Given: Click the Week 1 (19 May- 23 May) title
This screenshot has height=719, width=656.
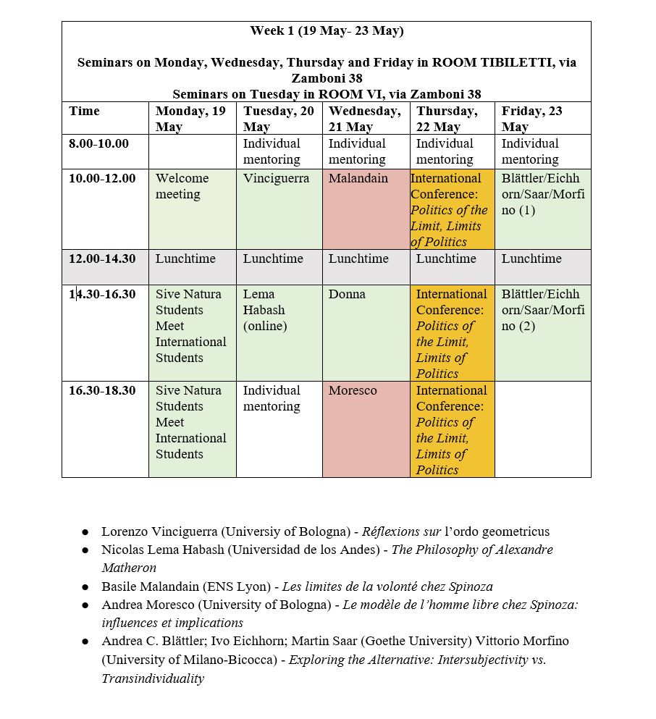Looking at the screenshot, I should (327, 30).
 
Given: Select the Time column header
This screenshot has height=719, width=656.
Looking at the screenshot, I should (85, 112).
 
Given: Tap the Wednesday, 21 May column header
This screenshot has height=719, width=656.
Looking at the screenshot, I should (364, 119).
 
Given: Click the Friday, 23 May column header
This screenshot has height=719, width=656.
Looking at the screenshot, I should (531, 119).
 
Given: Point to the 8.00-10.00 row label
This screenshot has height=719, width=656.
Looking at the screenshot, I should (98, 143).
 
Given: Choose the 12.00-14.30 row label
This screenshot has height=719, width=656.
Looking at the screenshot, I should (102, 258).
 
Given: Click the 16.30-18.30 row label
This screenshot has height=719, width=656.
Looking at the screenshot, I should (102, 390).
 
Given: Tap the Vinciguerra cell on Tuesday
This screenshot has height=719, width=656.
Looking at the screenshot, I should (276, 178).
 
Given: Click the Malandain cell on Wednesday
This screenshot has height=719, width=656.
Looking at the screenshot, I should (358, 178).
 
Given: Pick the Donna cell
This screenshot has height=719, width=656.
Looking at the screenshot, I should (347, 294).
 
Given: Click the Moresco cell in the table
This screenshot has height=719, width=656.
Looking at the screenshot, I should (353, 390).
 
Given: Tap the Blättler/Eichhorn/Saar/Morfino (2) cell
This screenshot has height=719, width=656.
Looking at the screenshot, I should (542, 310).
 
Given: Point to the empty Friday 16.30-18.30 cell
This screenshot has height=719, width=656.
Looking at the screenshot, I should (542, 429).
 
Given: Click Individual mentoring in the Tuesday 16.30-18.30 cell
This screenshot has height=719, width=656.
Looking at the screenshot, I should (272, 398).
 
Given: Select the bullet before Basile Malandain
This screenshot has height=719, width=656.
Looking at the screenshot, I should (85, 587).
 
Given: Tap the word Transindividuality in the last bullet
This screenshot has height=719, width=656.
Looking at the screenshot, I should (153, 678).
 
